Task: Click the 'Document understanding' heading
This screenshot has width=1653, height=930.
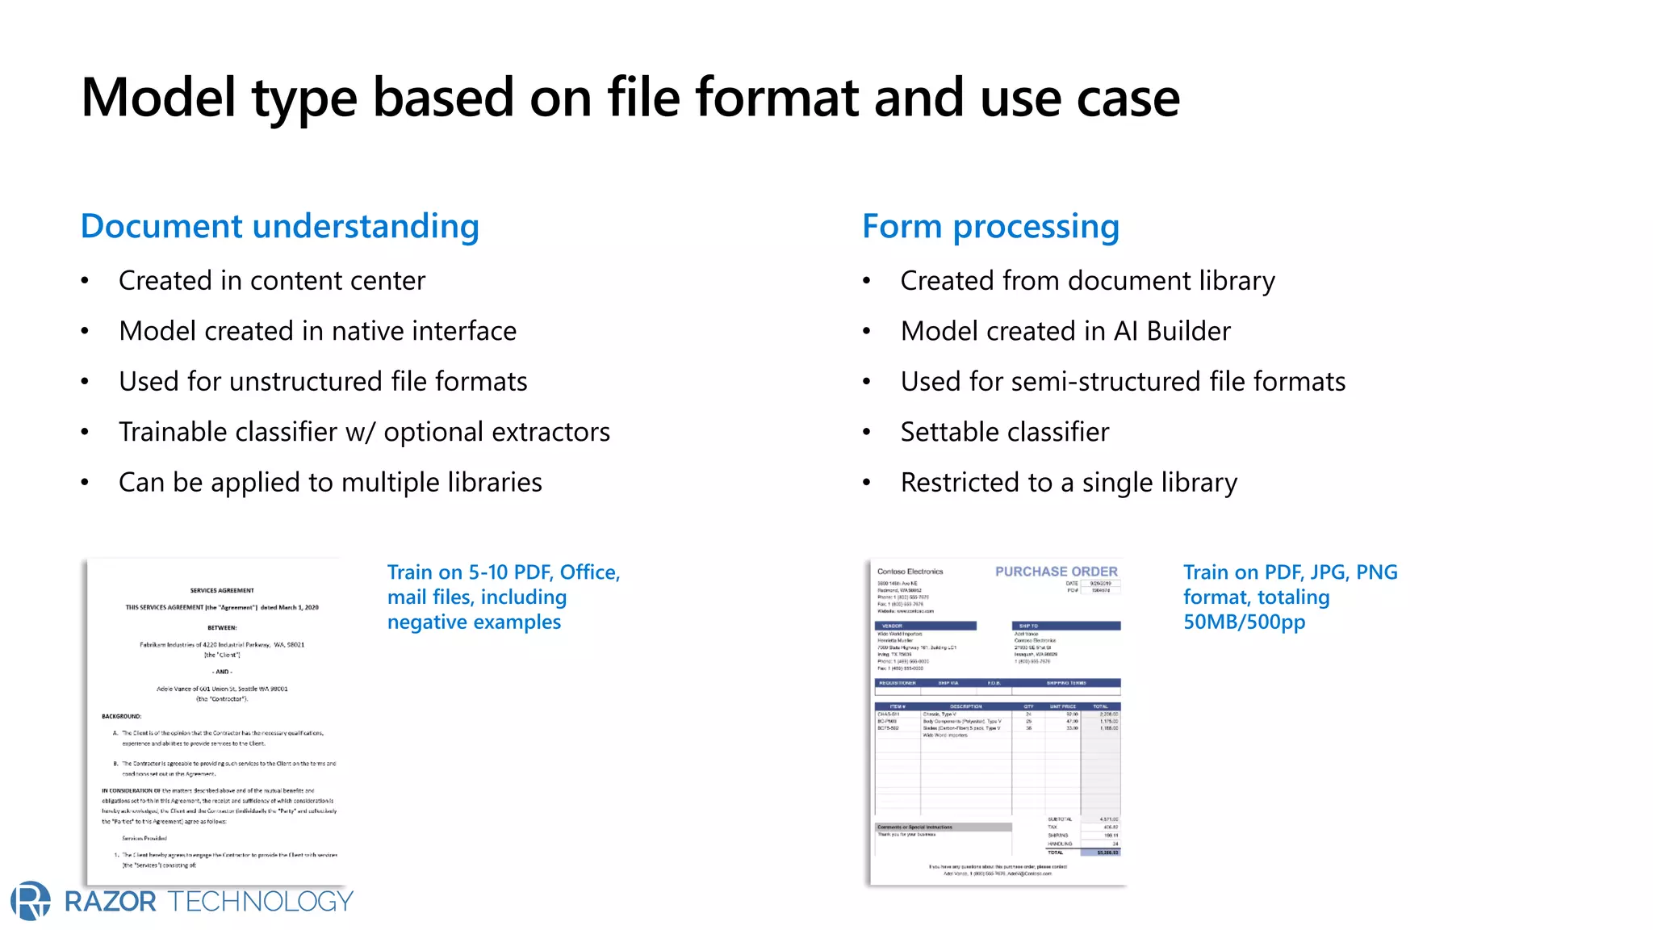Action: (x=279, y=226)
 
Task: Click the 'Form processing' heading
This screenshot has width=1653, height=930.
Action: (x=990, y=226)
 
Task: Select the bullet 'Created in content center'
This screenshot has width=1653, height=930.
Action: (x=271, y=280)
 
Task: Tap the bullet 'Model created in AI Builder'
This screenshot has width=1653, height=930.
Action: (x=1065, y=331)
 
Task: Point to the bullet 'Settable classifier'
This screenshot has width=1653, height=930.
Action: (x=1004, y=432)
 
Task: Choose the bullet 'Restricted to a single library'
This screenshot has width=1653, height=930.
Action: (x=1069, y=483)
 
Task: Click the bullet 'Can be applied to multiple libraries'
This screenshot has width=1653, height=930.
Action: (x=330, y=483)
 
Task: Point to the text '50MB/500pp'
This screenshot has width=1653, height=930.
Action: (x=1244, y=622)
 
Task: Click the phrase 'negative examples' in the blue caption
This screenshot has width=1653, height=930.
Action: (x=474, y=622)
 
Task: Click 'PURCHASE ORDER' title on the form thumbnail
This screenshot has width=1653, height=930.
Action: (x=1056, y=572)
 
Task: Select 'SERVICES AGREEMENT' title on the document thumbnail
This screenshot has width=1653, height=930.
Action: (x=222, y=590)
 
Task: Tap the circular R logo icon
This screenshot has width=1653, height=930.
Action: (x=31, y=901)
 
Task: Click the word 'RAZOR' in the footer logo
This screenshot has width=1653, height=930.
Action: (x=111, y=902)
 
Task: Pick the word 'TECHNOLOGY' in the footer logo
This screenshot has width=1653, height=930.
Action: (x=261, y=902)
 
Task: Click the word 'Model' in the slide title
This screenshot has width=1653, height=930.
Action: (x=159, y=98)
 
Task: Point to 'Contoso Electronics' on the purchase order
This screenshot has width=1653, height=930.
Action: (x=910, y=572)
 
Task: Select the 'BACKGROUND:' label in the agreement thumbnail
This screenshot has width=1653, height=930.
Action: (x=121, y=716)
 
